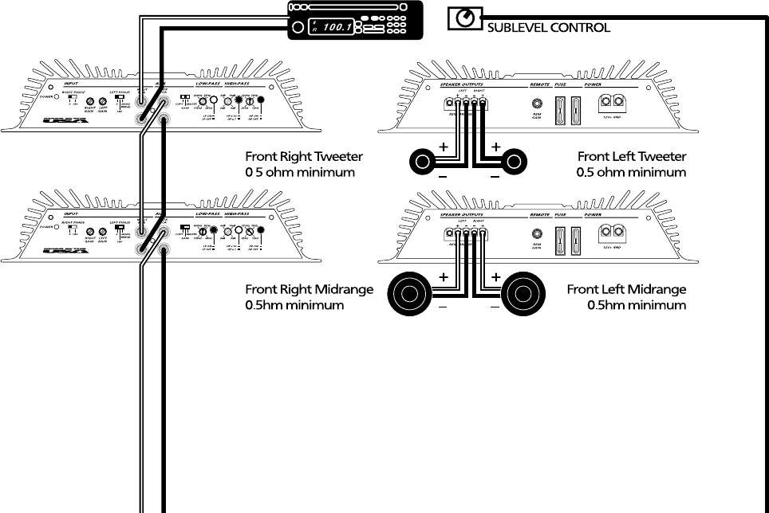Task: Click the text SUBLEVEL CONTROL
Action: pyautogui.click(x=548, y=28)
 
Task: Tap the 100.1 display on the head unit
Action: pyautogui.click(x=336, y=27)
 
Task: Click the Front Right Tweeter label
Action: pyautogui.click(x=304, y=157)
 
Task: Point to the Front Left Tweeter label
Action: pyautogui.click(x=632, y=157)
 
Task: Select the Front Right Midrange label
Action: pyautogui.click(x=309, y=289)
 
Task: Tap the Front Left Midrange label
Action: pyautogui.click(x=626, y=289)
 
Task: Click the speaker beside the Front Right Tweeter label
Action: pyautogui.click(x=423, y=163)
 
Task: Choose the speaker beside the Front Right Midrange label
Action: pyautogui.click(x=408, y=294)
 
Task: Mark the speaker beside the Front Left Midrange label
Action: pyautogui.click(x=524, y=294)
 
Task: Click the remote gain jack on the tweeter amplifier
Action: pyautogui.click(x=537, y=103)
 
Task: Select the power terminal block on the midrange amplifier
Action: pyautogui.click(x=613, y=233)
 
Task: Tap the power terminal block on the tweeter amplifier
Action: pyautogui.click(x=613, y=102)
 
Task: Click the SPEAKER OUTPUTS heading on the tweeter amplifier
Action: pyautogui.click(x=462, y=84)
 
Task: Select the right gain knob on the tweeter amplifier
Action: pyautogui.click(x=90, y=102)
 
